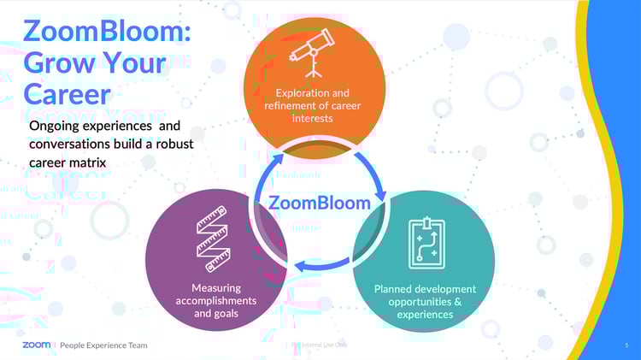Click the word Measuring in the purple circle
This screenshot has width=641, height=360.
pyautogui.click(x=216, y=288)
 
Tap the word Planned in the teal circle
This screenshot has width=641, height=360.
pyautogui.click(x=394, y=289)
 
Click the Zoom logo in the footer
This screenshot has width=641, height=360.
pyautogui.click(x=36, y=345)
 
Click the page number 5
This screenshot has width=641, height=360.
pyautogui.click(x=626, y=345)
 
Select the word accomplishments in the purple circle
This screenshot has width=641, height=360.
pyautogui.click(x=215, y=301)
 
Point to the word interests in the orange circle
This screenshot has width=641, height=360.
pyautogui.click(x=312, y=118)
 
